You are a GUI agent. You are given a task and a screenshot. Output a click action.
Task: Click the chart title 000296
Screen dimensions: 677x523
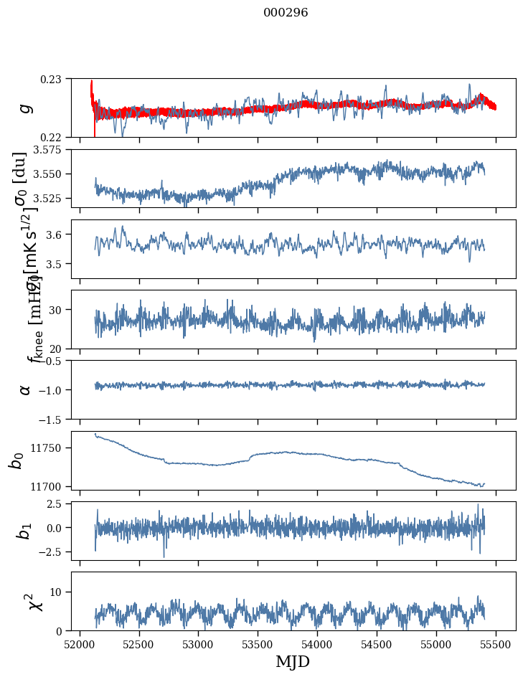[286, 12]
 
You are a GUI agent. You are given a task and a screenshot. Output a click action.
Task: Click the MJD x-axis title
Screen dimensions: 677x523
[293, 661]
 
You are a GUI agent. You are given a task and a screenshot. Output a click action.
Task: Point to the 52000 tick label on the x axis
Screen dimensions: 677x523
[80, 643]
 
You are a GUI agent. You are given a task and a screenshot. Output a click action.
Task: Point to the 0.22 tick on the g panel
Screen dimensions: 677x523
[55, 137]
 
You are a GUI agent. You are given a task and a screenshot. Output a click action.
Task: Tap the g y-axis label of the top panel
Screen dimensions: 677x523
[25, 108]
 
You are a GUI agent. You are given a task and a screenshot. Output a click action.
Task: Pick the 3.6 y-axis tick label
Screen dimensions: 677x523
[57, 235]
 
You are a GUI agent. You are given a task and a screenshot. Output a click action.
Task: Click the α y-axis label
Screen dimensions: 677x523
[25, 389]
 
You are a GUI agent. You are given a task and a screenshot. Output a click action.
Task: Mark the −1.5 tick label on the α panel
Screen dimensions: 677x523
[52, 419]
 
